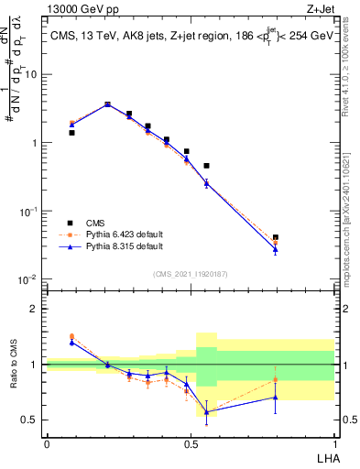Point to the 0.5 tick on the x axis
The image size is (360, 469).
(x=191, y=443)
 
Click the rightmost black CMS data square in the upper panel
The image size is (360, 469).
(x=276, y=237)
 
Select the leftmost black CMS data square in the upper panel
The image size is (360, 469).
(x=71, y=133)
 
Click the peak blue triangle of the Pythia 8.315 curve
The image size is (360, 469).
(x=107, y=104)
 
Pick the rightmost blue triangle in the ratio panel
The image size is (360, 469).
(x=276, y=397)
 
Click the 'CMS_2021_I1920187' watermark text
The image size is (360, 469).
(x=191, y=273)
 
